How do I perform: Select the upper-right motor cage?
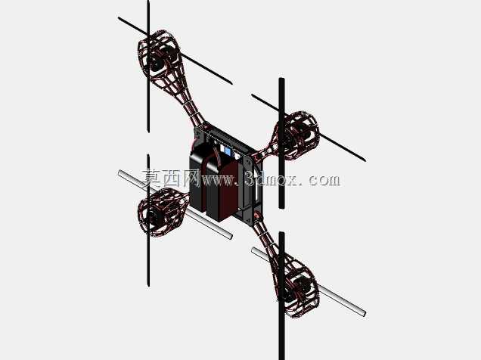(x=298, y=135)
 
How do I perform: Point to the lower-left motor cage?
(x=161, y=212)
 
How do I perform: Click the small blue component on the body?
(x=228, y=151)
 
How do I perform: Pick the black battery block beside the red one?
(x=198, y=178)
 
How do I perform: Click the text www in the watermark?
(x=218, y=179)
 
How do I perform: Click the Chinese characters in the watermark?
(x=171, y=178)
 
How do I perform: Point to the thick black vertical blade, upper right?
(x=281, y=143)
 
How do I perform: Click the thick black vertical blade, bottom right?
(x=281, y=296)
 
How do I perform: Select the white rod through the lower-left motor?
(x=175, y=204)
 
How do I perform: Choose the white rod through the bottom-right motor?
(x=309, y=282)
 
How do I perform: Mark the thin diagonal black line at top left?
(x=175, y=51)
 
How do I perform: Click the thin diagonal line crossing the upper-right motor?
(x=309, y=128)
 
